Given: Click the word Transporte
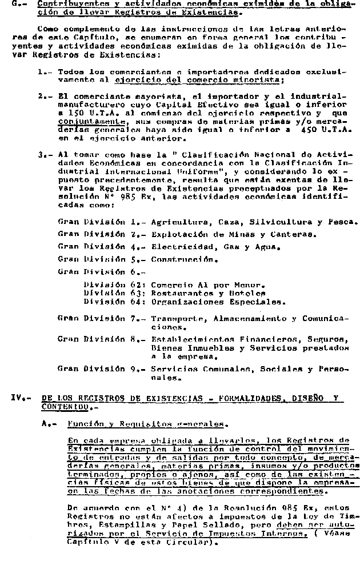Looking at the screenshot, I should tap(177, 318).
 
